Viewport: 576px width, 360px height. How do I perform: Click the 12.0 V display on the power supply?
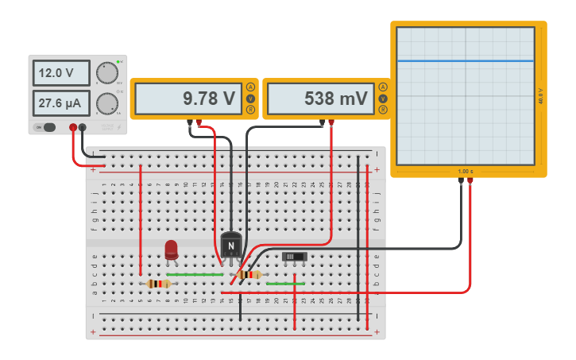click(x=61, y=73)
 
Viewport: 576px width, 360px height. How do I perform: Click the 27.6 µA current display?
click(x=61, y=103)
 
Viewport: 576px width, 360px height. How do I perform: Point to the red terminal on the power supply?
click(x=73, y=127)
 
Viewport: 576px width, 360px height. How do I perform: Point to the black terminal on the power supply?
click(x=83, y=127)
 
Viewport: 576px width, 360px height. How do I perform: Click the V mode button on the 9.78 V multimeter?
click(x=251, y=99)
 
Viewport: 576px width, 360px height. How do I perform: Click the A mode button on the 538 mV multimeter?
click(x=383, y=87)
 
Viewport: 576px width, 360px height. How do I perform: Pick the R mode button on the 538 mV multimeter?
click(x=383, y=110)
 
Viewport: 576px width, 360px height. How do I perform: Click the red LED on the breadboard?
click(x=171, y=250)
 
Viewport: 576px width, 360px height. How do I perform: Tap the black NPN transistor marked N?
click(x=231, y=245)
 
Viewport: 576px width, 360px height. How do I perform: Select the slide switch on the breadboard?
click(x=296, y=257)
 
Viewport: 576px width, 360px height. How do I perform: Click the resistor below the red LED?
click(x=158, y=284)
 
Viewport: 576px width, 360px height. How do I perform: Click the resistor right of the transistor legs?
click(x=249, y=275)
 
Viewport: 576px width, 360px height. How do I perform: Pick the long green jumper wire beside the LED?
click(x=195, y=274)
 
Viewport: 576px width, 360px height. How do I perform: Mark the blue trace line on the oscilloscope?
click(x=465, y=60)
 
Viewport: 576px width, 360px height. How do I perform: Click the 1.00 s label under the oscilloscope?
click(x=465, y=172)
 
